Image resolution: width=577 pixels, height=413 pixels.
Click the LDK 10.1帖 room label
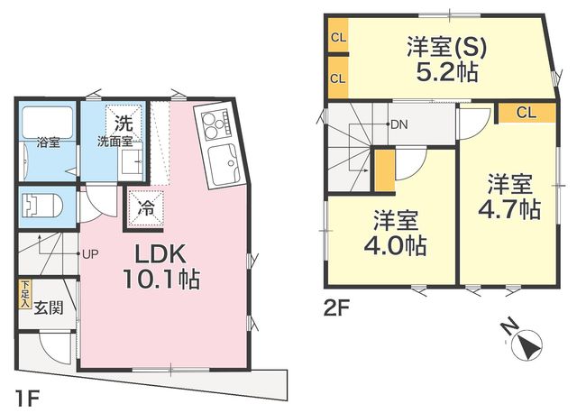[x=162, y=266]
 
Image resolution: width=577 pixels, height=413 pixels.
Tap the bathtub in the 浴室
[x=48, y=123]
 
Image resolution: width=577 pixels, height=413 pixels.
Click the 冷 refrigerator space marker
[x=146, y=208]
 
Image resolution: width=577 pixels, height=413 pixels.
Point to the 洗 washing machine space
[x=124, y=124]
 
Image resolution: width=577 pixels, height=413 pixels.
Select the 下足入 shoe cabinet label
[x=25, y=294]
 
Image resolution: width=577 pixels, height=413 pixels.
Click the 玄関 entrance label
[x=49, y=308]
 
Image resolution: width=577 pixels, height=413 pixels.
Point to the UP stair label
[x=90, y=254]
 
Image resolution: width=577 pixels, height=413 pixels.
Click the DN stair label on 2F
[x=398, y=124]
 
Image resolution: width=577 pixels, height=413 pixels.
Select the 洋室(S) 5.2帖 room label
[x=447, y=60]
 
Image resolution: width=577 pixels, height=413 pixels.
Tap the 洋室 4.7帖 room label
[x=509, y=197]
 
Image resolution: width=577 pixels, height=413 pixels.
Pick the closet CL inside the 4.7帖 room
[x=527, y=113]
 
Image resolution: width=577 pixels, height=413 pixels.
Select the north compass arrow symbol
[x=529, y=344]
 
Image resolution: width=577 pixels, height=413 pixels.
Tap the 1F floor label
[x=27, y=399]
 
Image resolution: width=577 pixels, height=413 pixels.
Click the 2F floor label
[x=336, y=308]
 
